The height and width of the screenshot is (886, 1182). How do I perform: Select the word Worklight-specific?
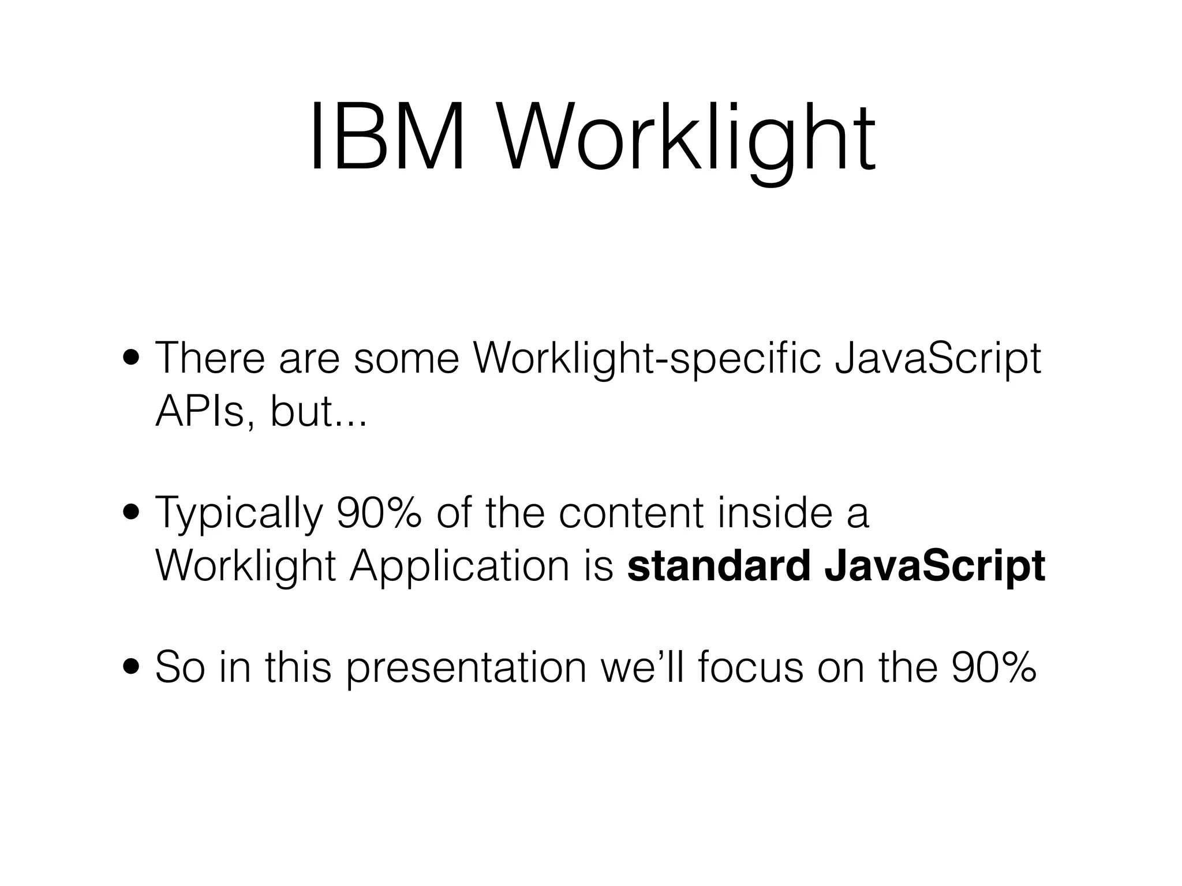[646, 359]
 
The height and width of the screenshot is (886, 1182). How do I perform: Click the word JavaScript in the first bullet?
[937, 359]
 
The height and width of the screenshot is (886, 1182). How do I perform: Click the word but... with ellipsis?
[318, 412]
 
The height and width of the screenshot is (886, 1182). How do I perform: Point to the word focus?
[750, 667]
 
